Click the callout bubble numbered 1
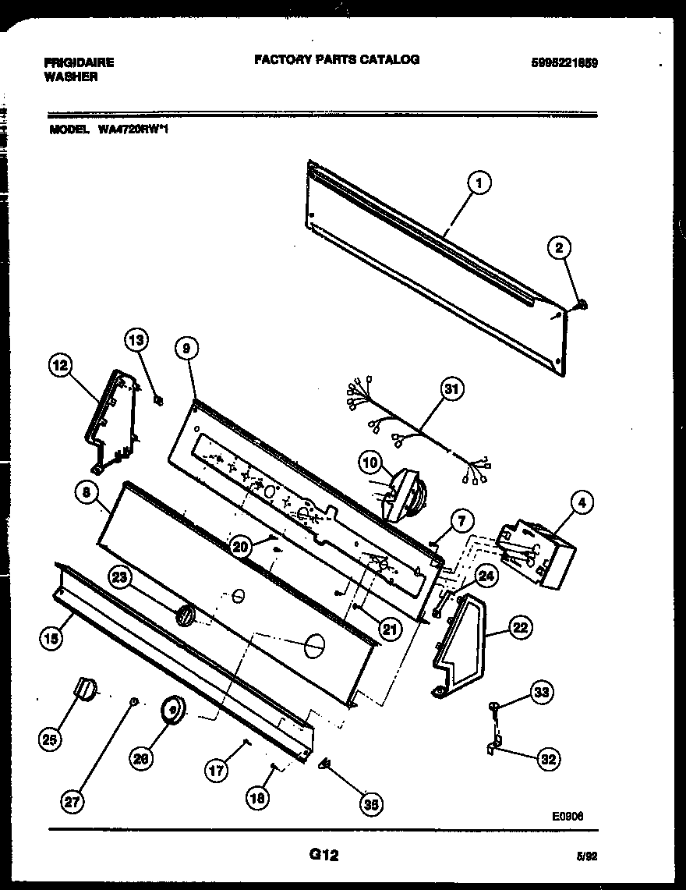479,184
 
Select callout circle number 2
558,248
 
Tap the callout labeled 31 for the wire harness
452,388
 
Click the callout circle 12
62,365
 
